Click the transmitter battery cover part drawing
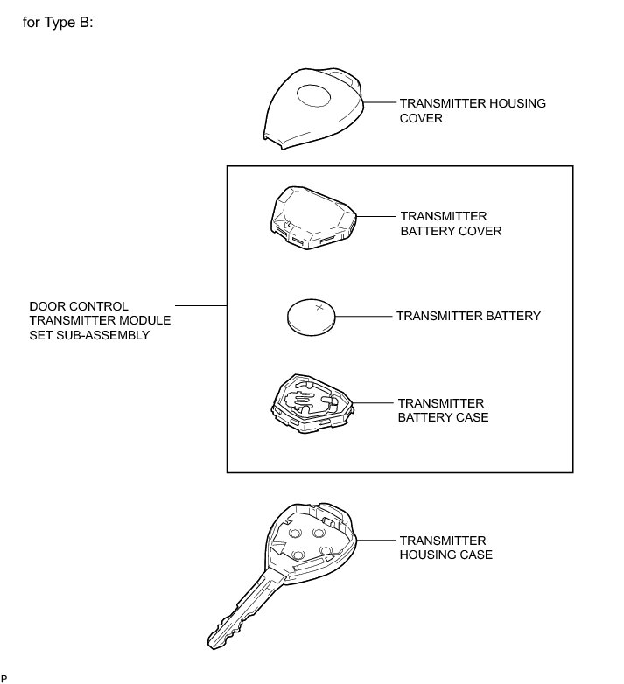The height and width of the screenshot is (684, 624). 312,213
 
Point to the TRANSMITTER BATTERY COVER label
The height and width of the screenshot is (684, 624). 450,223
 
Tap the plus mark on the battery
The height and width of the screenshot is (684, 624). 321,307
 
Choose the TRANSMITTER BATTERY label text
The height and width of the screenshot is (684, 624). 468,316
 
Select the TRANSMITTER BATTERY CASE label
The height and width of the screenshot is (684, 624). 443,410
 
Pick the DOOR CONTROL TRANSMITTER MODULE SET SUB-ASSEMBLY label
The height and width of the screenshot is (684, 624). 100,321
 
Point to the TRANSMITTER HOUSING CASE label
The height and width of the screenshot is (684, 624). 445,548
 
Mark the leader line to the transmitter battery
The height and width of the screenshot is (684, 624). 364,315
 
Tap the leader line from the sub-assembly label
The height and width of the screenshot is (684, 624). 202,306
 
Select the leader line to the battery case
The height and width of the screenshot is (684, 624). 373,402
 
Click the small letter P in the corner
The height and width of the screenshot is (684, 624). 4,679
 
